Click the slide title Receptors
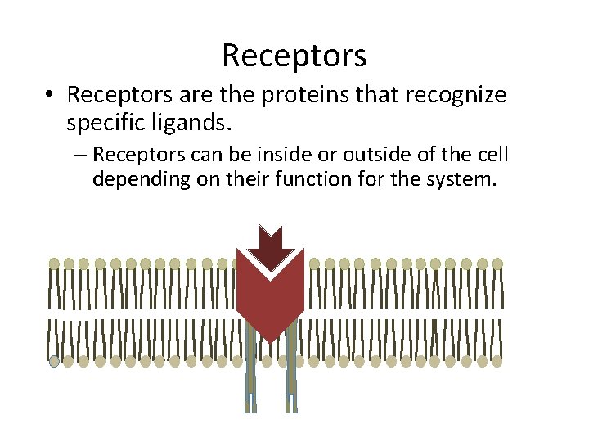tap(294, 56)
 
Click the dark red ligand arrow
tap(270, 243)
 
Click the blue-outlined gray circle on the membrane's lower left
tap(55, 361)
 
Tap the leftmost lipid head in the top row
tap(55, 264)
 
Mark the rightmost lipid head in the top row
tap(497, 264)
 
